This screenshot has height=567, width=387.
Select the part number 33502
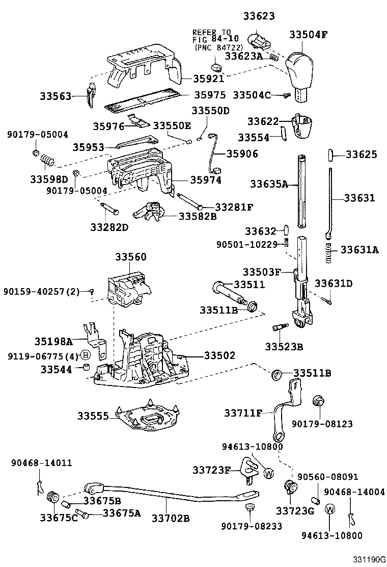click(x=219, y=355)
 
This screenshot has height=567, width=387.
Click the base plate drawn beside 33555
click(x=147, y=416)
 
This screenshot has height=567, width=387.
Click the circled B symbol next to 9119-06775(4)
click(x=86, y=355)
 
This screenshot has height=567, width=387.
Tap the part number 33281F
click(x=235, y=207)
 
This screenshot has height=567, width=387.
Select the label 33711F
click(x=243, y=412)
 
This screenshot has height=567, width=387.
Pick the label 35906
click(x=242, y=153)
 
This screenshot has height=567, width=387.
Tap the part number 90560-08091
click(x=327, y=477)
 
